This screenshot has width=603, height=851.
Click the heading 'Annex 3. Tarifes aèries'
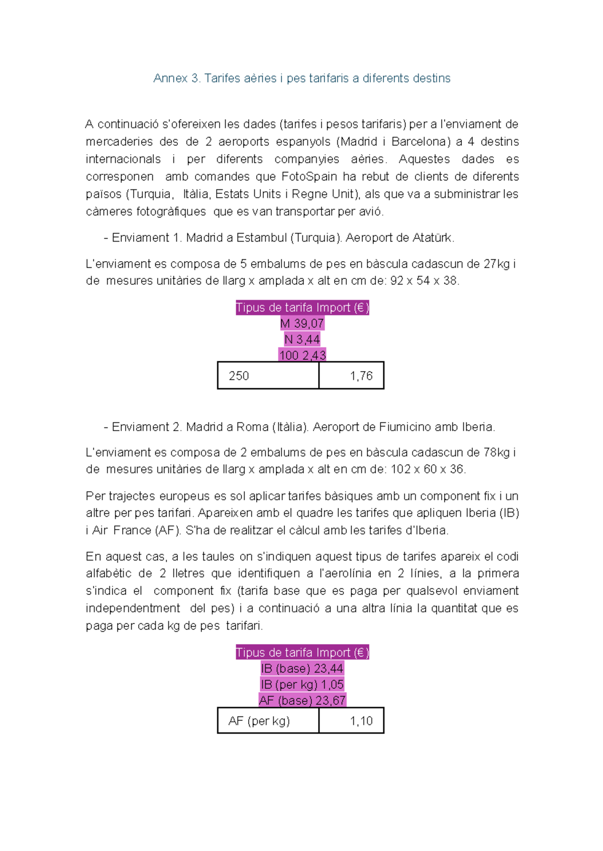tap(301, 78)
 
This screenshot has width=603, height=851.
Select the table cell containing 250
tap(268, 376)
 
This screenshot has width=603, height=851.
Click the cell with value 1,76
tap(351, 376)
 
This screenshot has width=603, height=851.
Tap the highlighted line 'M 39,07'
tap(302, 324)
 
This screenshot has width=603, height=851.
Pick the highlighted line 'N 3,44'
tap(302, 340)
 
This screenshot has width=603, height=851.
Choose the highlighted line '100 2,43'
tap(302, 355)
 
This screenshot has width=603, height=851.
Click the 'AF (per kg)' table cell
tap(268, 721)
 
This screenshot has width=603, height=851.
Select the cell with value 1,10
tap(351, 721)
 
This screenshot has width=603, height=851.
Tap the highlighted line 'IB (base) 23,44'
tap(302, 669)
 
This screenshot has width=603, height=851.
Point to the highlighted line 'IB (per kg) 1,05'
tap(302, 685)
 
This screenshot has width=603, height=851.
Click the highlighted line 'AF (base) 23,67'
tap(302, 700)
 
